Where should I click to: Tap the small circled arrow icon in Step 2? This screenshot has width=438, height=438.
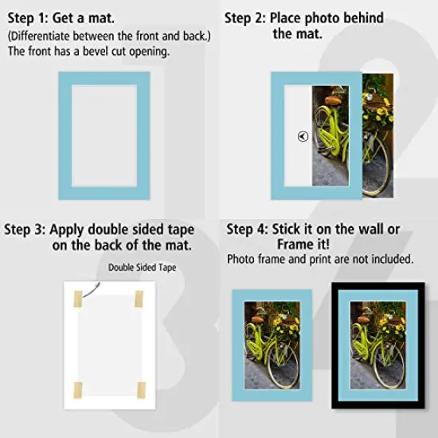(302, 136)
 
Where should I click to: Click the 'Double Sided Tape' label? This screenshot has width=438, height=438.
(142, 268)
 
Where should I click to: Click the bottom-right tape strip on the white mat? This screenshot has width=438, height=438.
(140, 391)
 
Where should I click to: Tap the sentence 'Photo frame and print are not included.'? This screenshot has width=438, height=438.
(319, 260)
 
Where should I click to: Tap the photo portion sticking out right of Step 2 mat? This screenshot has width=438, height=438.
(377, 135)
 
